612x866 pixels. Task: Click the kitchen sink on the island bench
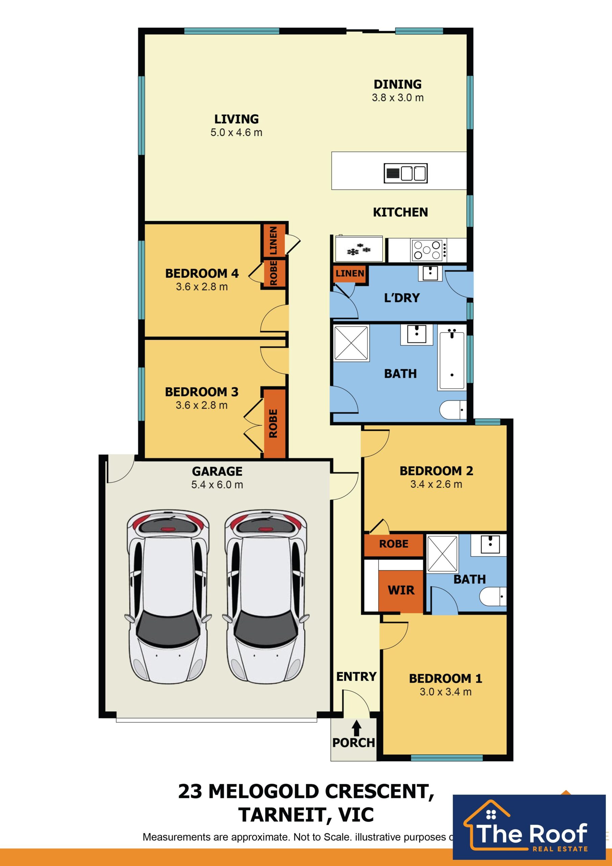tap(405, 173)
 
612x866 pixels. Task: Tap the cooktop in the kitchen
tap(427, 250)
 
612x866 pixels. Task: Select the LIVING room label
tap(236, 119)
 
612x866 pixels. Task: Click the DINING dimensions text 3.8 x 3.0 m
tap(398, 98)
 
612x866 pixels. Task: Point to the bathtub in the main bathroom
tap(451, 360)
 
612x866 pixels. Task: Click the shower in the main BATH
tap(351, 343)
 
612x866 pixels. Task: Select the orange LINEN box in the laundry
tap(350, 273)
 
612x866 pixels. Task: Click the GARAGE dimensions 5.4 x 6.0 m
tap(217, 485)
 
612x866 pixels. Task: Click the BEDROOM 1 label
tap(445, 679)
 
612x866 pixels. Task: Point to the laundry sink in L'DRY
tap(430, 273)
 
